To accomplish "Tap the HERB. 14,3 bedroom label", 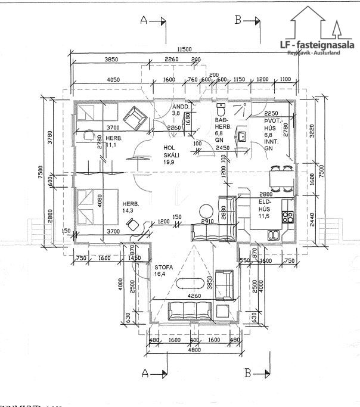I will tap(131, 207).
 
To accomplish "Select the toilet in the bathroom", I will tap(222, 110).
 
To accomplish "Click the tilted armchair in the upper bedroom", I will tap(134, 117).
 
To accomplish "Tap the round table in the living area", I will tap(207, 211).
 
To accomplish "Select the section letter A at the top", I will tap(143, 20).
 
